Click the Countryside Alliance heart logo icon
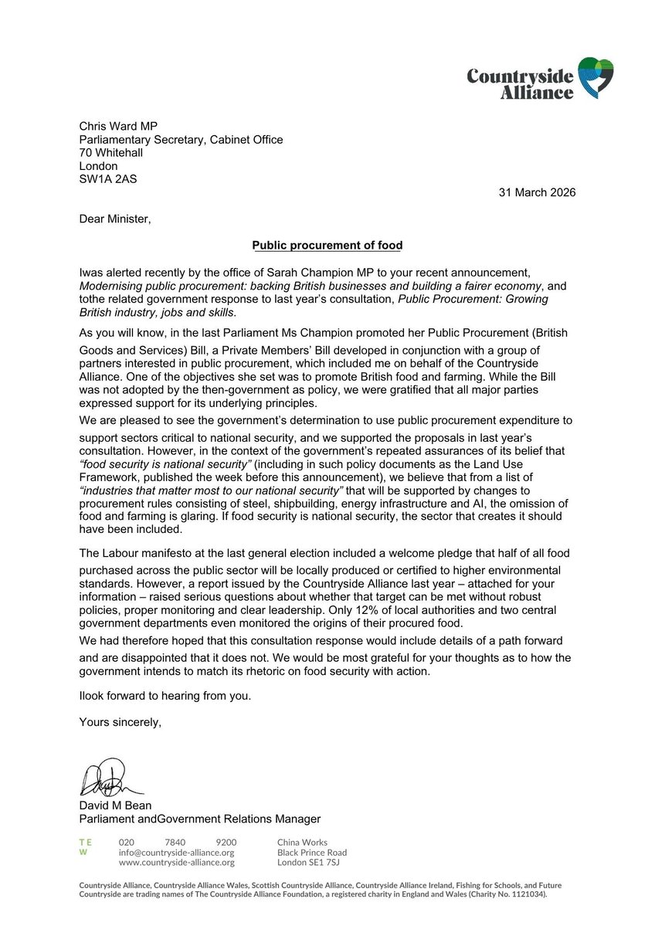point(596,77)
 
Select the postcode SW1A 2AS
point(109,179)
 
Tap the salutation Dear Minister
point(116,219)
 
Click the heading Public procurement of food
point(327,246)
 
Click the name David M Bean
point(116,806)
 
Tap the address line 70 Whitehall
point(111,153)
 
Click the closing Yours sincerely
point(120,722)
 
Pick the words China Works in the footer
point(302,842)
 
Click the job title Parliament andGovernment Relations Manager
point(200,819)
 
